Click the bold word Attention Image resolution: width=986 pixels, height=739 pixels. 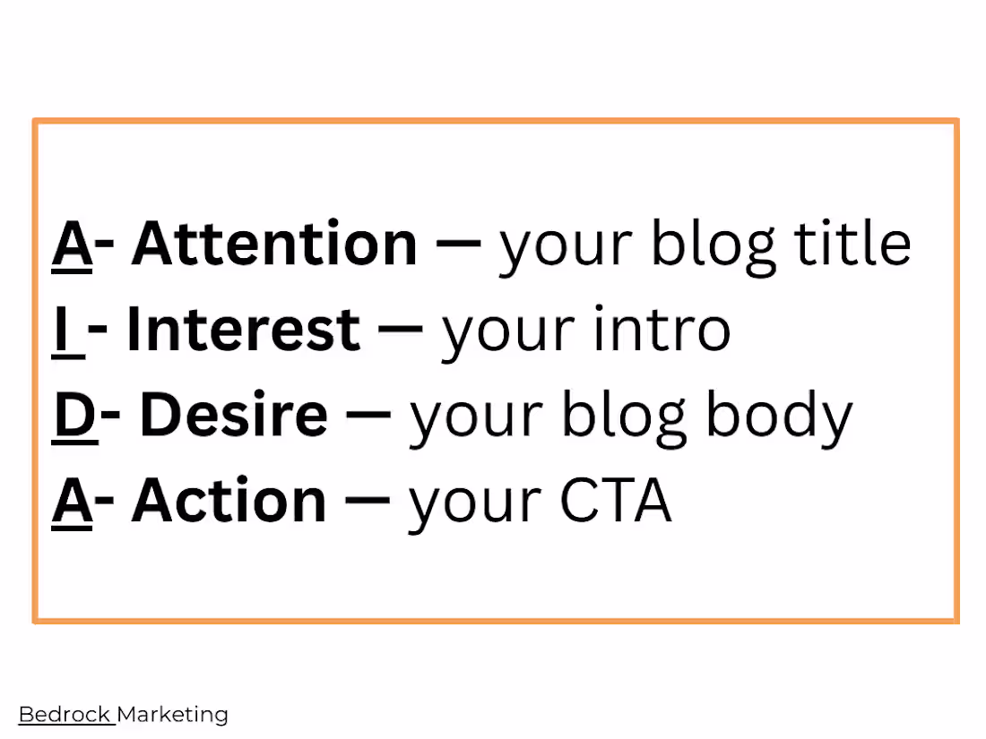(274, 244)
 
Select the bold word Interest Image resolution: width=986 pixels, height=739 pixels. (243, 329)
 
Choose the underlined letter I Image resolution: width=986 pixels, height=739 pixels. (62, 329)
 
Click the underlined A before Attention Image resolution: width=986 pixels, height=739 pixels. (72, 244)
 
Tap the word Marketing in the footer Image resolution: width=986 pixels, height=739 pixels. (173, 716)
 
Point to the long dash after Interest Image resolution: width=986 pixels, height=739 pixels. (400, 330)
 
